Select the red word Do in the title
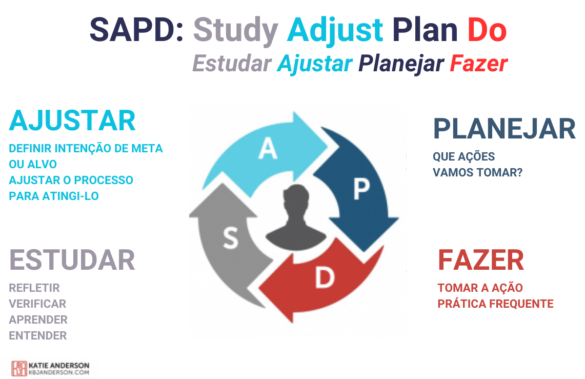pos(487,30)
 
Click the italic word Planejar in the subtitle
pos(401,64)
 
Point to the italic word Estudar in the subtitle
pos(232,64)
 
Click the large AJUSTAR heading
pos(72,121)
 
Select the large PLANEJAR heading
pos(504,129)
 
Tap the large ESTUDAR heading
pos(72,260)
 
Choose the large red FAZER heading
pos(481,260)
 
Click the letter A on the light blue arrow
pos(268,148)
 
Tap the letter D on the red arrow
pos(325,277)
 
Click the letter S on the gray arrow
pos(231,238)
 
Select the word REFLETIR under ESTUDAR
pos(34,288)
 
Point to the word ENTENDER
pos(37,336)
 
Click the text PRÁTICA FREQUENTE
pos(495,304)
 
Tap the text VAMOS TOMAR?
pos(477,172)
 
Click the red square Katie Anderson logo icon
pos(19,369)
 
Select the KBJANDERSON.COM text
pos(59,372)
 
